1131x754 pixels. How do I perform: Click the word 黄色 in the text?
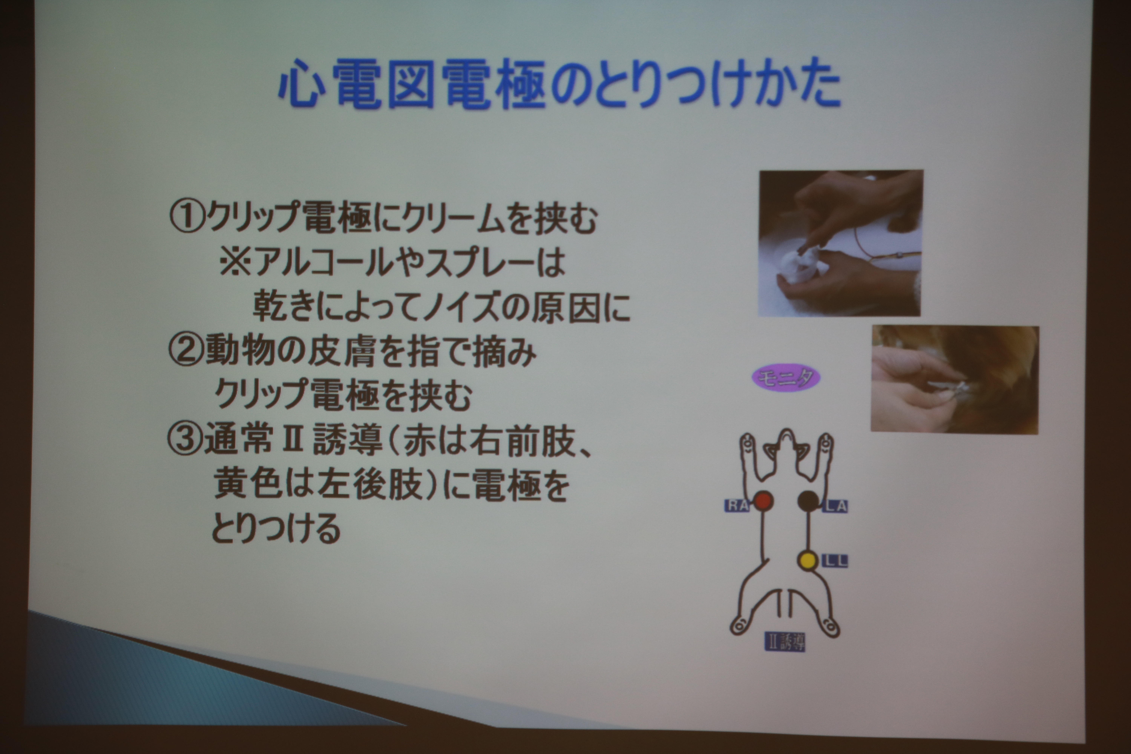[x=248, y=484]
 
